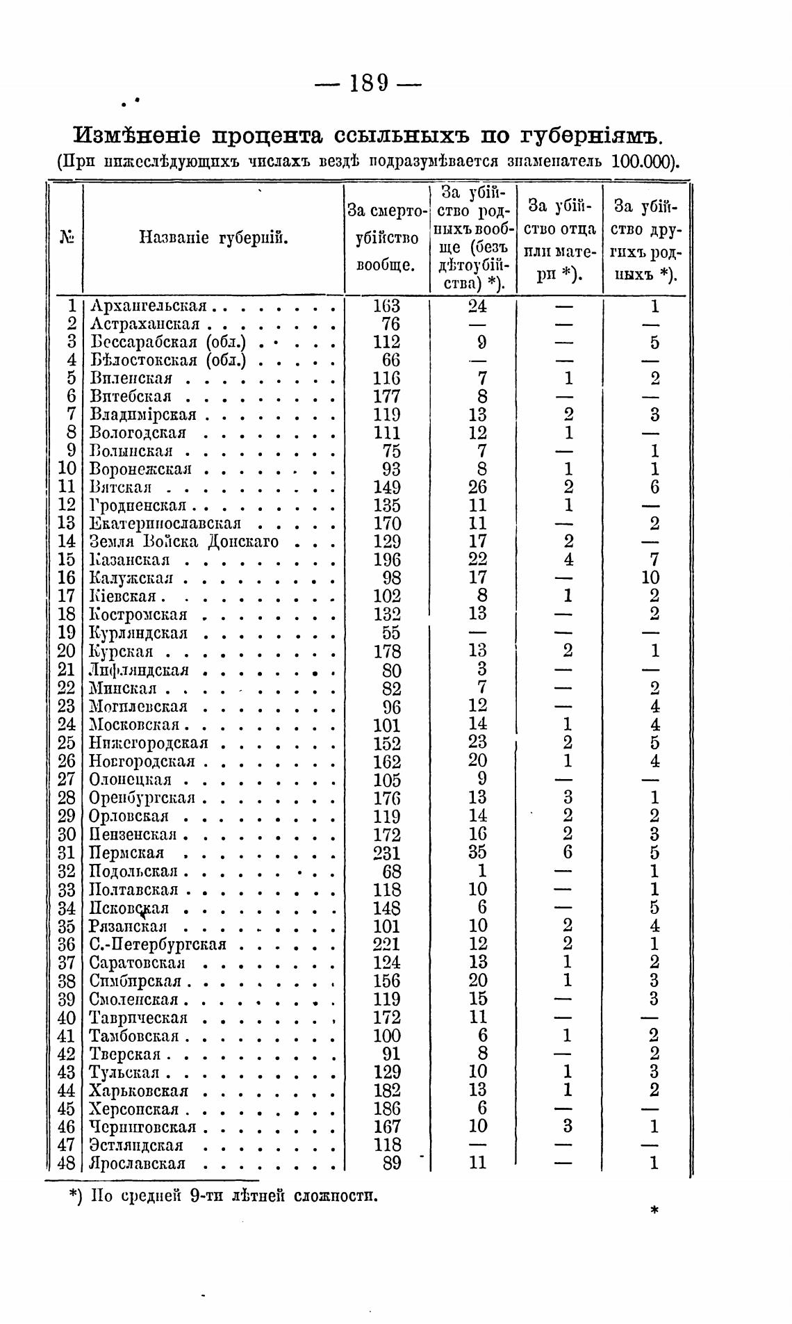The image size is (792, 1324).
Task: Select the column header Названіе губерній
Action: pyautogui.click(x=214, y=238)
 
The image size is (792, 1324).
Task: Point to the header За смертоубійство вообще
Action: pyautogui.click(x=386, y=238)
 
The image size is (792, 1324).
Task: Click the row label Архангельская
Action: pyautogui.click(x=149, y=306)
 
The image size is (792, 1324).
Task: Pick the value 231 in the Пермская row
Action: pyautogui.click(x=387, y=853)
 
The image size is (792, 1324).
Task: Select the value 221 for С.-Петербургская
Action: pyautogui.click(x=387, y=944)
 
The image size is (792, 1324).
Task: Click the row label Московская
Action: pyautogui.click(x=134, y=725)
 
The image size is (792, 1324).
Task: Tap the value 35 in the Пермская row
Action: pyautogui.click(x=477, y=853)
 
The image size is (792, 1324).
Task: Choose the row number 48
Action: pyautogui.click(x=65, y=1163)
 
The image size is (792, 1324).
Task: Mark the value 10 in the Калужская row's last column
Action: pyautogui.click(x=652, y=578)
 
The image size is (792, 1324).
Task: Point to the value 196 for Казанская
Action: pyautogui.click(x=387, y=559)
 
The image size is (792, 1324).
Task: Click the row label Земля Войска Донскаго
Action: pyautogui.click(x=185, y=541)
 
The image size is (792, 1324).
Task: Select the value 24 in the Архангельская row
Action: pyautogui.click(x=477, y=306)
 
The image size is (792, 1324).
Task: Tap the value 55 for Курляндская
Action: pyautogui.click(x=391, y=632)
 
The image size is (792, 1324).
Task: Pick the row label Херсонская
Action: pyautogui.click(x=134, y=1109)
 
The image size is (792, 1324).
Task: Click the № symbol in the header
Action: pyautogui.click(x=67, y=238)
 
